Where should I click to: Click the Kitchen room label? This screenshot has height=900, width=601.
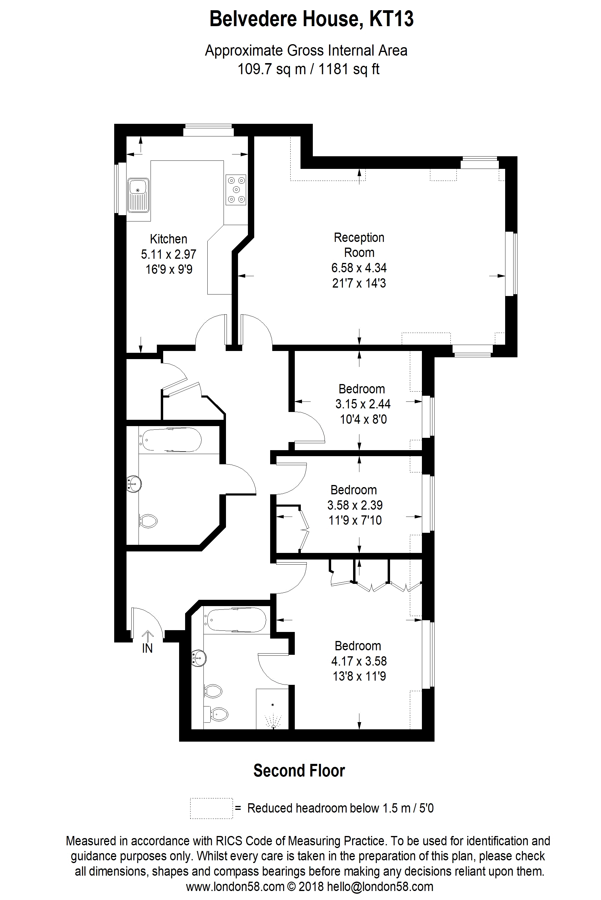coord(169,239)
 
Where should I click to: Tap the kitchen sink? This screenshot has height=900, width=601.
coord(138,195)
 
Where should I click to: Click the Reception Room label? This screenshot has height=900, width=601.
coord(359,245)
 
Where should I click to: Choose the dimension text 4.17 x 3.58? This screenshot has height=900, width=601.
coord(359,661)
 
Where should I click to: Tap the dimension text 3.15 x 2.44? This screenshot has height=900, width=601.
coord(363,404)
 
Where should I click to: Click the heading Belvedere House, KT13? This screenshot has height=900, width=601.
coord(312,19)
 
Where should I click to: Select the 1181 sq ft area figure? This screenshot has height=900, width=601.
coord(349,69)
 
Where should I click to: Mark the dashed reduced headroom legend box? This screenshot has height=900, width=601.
coord(212,808)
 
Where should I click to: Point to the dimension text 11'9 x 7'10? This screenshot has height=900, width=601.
coord(355,520)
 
